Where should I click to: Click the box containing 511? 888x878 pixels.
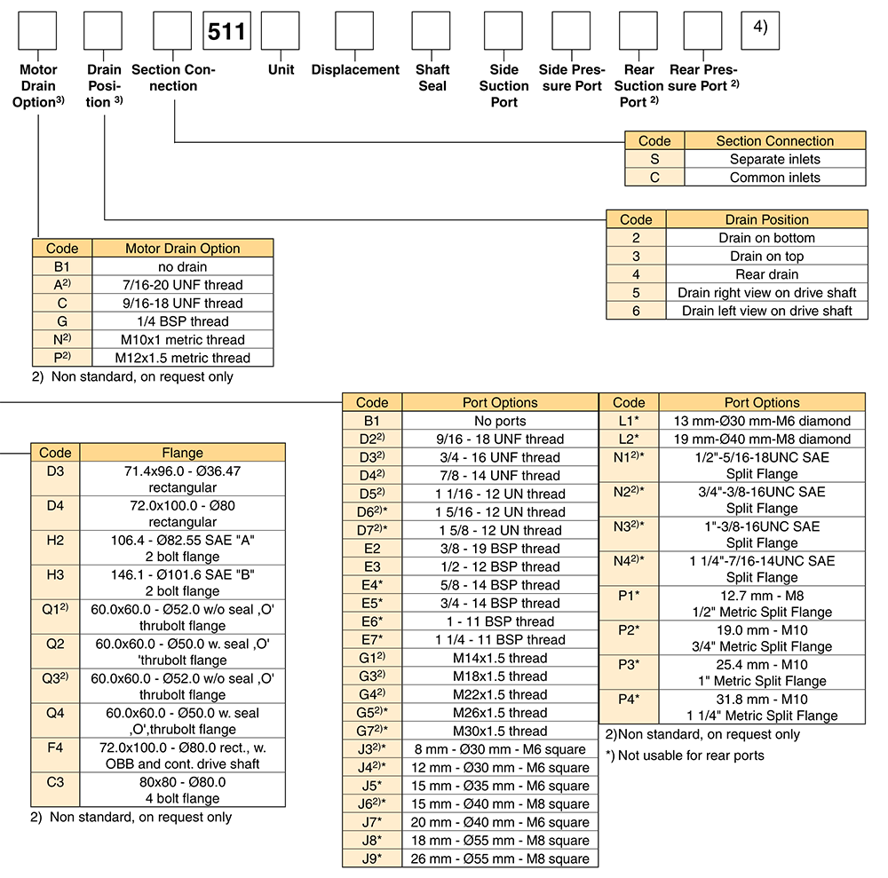(226, 30)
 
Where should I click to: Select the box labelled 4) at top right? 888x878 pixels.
(760, 30)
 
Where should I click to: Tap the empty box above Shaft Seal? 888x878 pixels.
(431, 30)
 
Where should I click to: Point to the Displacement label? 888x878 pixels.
(355, 69)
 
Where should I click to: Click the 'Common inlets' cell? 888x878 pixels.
(774, 178)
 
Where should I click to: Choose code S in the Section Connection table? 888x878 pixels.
(654, 159)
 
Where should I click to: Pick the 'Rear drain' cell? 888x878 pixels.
(767, 274)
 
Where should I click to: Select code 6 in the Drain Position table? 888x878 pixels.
(636, 311)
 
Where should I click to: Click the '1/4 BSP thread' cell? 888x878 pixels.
(182, 321)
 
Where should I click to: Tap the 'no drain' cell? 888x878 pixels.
(182, 266)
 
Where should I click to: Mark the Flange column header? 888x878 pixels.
(182, 453)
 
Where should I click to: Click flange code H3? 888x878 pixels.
(55, 575)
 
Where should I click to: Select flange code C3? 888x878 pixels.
(55, 782)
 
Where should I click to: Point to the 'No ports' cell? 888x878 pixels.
(500, 421)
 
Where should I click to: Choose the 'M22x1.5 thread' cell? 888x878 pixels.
(500, 694)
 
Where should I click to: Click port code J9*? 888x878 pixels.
(372, 858)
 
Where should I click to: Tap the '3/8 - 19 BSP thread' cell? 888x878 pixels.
(500, 549)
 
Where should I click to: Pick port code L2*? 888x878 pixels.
(629, 439)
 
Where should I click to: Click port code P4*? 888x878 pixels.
(629, 700)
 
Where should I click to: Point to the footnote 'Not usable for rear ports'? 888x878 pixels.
(685, 755)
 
